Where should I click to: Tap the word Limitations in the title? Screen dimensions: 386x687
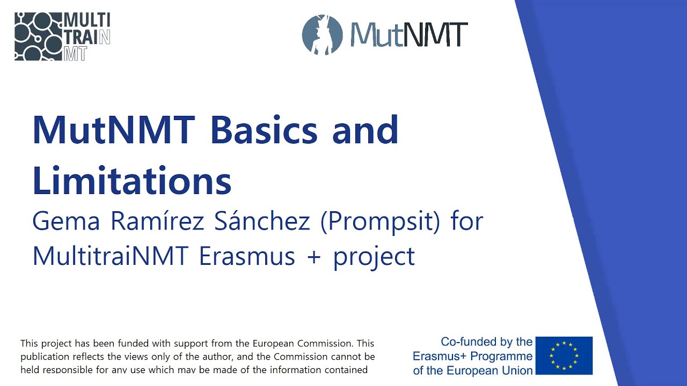point(132,180)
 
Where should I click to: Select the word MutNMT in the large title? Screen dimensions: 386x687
point(113,130)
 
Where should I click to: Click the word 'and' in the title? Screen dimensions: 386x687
point(366,130)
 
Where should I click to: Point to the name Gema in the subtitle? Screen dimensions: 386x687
point(66,221)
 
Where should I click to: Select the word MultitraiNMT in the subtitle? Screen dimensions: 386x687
point(109,256)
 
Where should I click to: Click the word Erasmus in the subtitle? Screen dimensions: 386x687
point(247,256)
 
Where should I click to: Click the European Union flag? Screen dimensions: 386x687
point(564,355)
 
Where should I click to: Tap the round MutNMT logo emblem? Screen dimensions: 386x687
point(322,35)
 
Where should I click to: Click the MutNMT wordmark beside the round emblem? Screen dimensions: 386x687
point(409,35)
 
